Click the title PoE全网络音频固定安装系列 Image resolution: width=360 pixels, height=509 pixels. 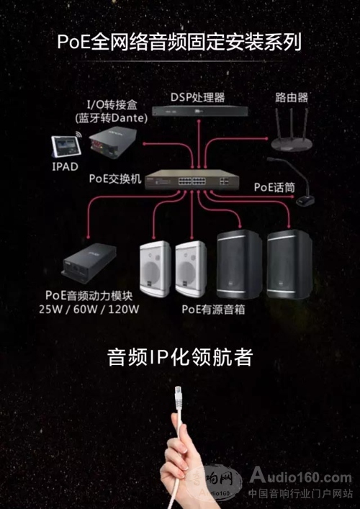(179, 42)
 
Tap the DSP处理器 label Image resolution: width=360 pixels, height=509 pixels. (198, 97)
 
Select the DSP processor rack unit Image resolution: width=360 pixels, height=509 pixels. (202, 111)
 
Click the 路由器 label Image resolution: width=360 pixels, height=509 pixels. (292, 97)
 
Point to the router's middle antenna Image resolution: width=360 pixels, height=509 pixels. (291, 122)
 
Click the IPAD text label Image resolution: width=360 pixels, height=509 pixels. (65, 166)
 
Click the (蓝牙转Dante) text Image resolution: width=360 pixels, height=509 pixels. (112, 119)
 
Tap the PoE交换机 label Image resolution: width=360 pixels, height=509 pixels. (115, 179)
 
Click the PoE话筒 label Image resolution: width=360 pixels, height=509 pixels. (274, 188)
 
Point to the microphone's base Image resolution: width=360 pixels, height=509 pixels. (305, 201)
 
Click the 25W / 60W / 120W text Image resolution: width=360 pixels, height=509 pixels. (89, 310)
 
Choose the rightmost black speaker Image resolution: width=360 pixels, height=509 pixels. (289, 264)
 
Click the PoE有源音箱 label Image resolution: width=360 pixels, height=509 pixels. (213, 310)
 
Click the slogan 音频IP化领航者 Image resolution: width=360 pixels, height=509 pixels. (180, 357)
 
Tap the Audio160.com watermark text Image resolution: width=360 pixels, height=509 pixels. (301, 477)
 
